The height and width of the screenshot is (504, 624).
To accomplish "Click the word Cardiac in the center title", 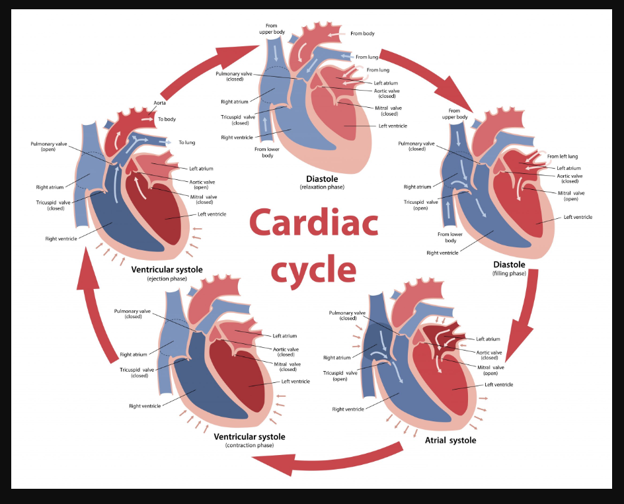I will point(313,224).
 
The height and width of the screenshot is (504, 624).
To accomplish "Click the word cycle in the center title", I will point(313,269).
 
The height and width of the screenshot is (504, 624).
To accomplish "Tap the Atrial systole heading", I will point(449,440).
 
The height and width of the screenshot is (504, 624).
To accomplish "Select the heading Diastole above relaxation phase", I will point(322,179).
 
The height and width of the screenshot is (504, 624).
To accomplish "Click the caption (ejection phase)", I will point(167,279).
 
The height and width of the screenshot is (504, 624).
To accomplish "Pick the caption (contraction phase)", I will point(249,446).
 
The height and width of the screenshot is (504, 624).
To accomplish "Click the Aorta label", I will point(160,103).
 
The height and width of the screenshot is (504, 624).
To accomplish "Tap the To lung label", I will point(187,142).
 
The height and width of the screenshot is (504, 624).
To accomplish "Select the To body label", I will point(167,120).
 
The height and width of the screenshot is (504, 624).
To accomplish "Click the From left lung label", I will point(563,157).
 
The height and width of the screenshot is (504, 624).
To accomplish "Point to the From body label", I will point(362,34).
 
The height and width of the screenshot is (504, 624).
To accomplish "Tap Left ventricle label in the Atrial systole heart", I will point(499,384).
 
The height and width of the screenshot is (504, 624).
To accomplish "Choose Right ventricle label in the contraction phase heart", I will point(145,406).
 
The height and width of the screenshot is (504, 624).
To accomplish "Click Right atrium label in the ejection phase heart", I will point(50,187).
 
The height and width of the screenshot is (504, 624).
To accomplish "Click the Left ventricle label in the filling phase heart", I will point(578,217).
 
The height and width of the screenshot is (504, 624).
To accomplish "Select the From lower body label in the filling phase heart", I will point(451,237).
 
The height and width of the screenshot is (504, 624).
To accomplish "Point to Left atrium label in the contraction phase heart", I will point(285,336).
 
